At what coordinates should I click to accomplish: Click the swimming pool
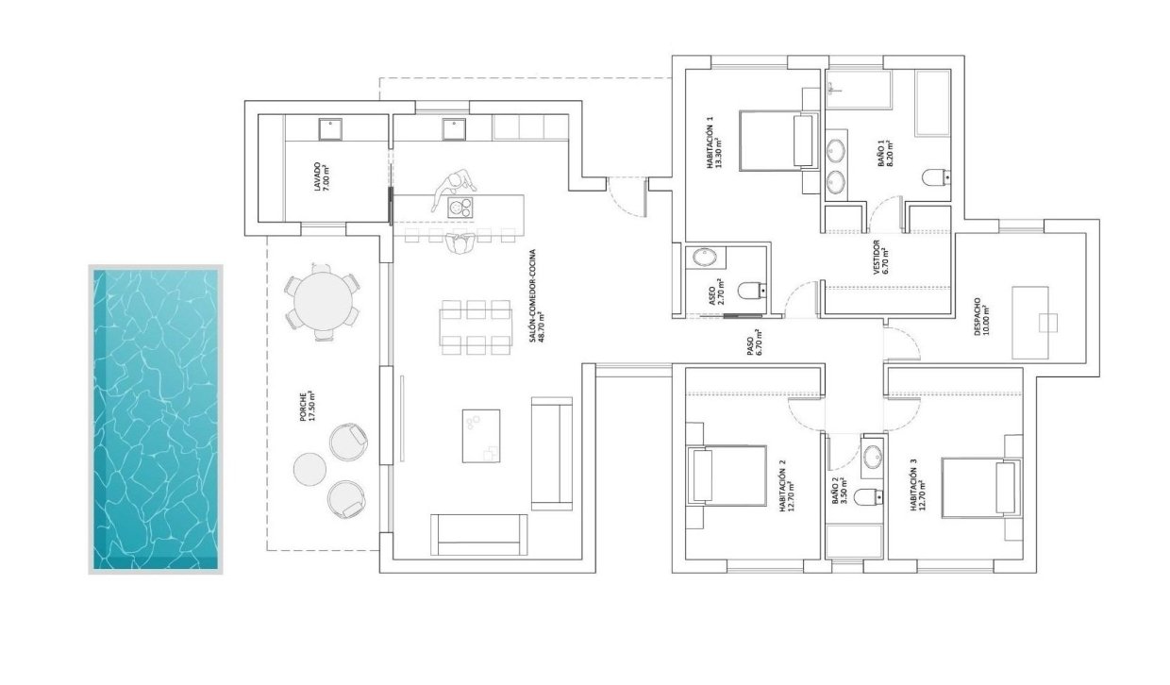156,420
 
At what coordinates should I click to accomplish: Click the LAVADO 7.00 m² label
323,175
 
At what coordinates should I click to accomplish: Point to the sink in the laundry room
328,127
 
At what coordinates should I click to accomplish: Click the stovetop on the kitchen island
460,208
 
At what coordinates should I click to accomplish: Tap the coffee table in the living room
481,435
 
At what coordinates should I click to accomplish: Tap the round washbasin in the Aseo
704,257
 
